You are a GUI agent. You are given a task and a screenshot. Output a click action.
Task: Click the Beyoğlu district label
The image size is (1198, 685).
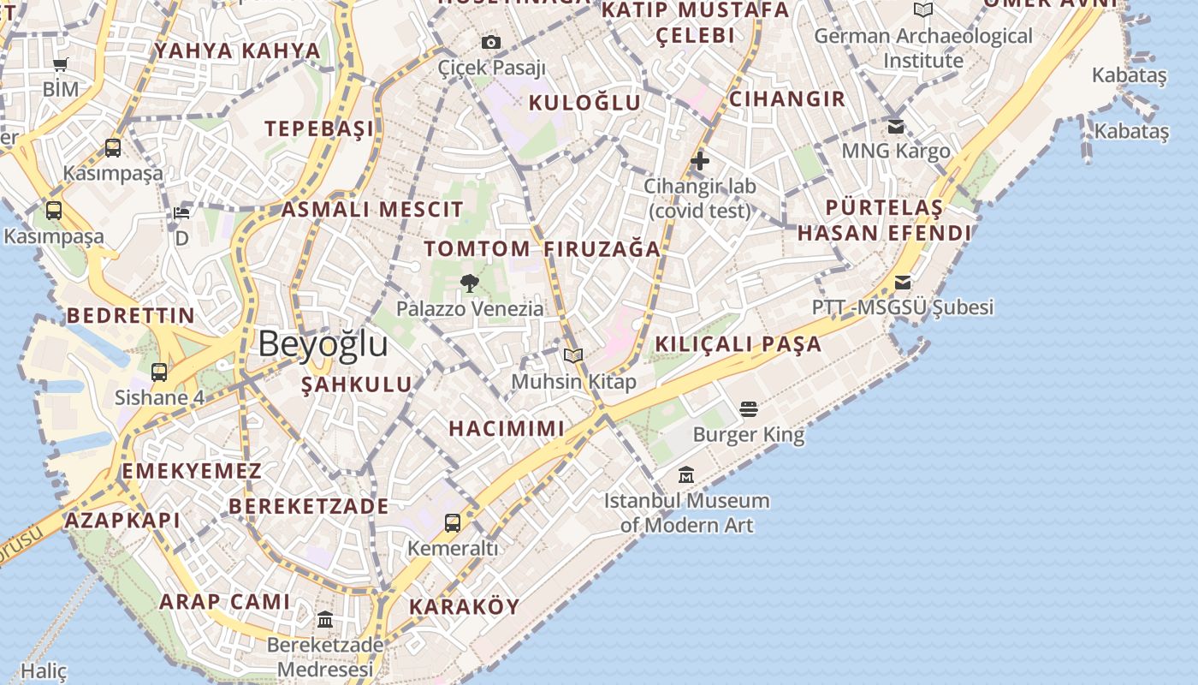[x=323, y=344]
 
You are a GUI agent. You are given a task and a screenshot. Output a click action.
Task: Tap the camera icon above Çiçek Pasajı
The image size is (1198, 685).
[x=491, y=42]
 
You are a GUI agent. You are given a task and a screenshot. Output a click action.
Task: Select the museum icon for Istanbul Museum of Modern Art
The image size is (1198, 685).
[x=686, y=474]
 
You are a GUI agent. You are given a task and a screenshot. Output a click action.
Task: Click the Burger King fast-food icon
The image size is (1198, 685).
[x=749, y=409]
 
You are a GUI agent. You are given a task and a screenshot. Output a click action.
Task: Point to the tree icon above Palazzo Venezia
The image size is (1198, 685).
[x=469, y=283]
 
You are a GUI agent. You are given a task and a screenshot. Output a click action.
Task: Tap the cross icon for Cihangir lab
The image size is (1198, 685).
[x=700, y=160]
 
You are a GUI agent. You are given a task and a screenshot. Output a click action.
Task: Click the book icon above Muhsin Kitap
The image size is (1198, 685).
[x=573, y=355]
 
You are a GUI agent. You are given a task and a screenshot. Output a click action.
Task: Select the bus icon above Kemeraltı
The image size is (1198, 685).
[x=453, y=522]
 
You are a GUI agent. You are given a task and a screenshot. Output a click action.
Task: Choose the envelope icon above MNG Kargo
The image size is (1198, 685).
[x=896, y=127]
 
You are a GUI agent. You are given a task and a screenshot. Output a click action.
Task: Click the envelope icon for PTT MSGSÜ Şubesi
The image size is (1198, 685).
[x=903, y=283]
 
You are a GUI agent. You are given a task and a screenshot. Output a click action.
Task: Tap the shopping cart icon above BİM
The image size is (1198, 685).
[x=61, y=64]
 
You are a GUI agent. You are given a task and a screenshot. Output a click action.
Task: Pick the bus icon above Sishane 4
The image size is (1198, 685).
[x=159, y=372]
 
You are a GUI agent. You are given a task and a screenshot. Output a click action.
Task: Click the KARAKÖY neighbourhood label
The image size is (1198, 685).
[x=465, y=607]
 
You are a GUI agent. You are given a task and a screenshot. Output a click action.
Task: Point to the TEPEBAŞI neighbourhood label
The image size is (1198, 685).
[x=319, y=129]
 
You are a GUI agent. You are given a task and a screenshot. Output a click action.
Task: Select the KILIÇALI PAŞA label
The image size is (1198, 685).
[x=738, y=344]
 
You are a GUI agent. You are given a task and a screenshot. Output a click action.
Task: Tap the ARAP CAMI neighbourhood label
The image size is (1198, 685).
[x=225, y=601]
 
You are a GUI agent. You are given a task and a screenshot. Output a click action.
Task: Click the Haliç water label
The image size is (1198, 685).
[x=43, y=671]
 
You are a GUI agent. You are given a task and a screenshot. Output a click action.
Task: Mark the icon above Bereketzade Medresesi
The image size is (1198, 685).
[x=325, y=619]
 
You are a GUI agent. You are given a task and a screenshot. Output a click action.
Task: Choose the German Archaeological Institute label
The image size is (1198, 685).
[x=923, y=48]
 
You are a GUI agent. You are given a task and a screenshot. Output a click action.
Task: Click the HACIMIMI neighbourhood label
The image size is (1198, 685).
[x=507, y=428]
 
